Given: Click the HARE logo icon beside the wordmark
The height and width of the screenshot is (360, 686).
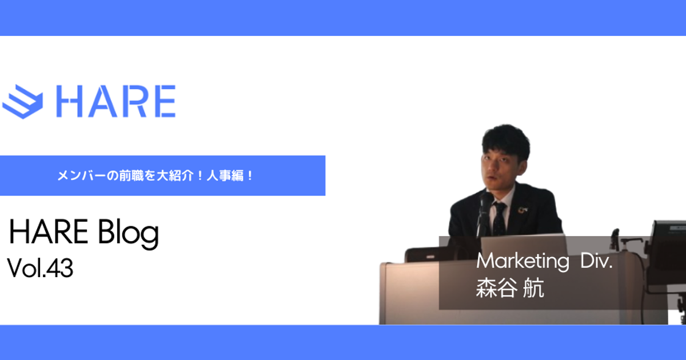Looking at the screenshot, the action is tap(23, 102).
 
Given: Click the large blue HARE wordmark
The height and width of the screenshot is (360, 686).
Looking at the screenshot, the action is tap(115, 101).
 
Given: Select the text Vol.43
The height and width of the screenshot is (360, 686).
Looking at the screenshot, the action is tap(40, 268).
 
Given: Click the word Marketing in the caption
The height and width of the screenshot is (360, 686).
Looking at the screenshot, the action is tap(523, 262).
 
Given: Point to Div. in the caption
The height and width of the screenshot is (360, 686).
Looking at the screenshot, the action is tap(597, 261).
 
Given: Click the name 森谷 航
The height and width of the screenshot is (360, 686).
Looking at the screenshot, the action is tap(510, 288).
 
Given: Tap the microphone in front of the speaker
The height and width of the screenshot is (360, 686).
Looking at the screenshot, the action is tap(485, 211).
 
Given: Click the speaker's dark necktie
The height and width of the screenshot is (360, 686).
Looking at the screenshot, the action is tap(499, 219).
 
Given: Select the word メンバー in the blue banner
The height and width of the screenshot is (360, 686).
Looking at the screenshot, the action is tap(81, 176).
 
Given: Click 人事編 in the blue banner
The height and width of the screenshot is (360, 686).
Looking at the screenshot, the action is tap(225, 176).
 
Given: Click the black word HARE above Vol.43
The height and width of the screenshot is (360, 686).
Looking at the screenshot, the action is tap(49, 232).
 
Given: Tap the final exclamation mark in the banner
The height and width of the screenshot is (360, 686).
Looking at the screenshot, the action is tap(250, 176).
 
